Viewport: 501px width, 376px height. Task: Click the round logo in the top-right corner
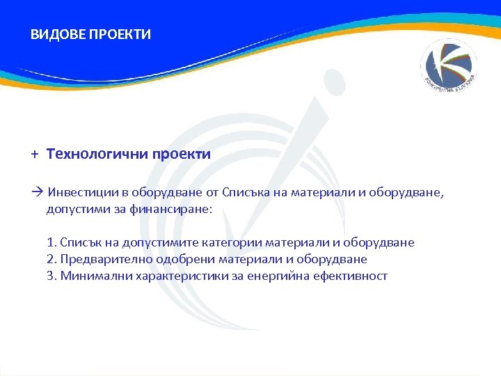(x=450, y=68)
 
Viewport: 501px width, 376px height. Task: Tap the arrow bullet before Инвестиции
(x=38, y=192)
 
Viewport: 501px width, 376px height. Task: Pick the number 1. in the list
(x=52, y=242)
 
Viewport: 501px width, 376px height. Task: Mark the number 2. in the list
(x=52, y=259)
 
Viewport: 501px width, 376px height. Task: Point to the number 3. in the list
(x=52, y=276)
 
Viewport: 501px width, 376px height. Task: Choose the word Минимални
(x=90, y=276)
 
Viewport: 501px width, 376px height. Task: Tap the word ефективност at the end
(x=353, y=276)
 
